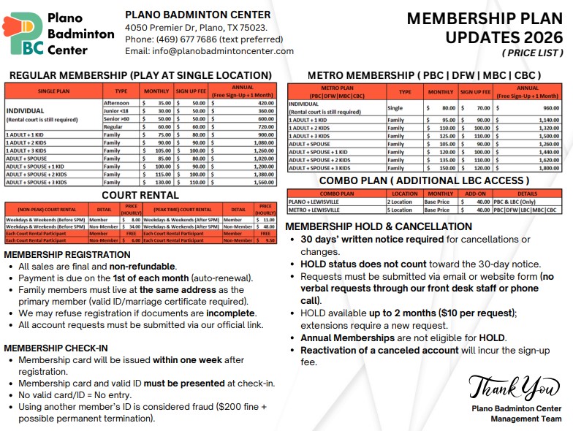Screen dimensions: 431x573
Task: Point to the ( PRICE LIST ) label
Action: tap(532, 53)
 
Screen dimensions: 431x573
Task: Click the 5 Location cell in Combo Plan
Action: tap(401, 210)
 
